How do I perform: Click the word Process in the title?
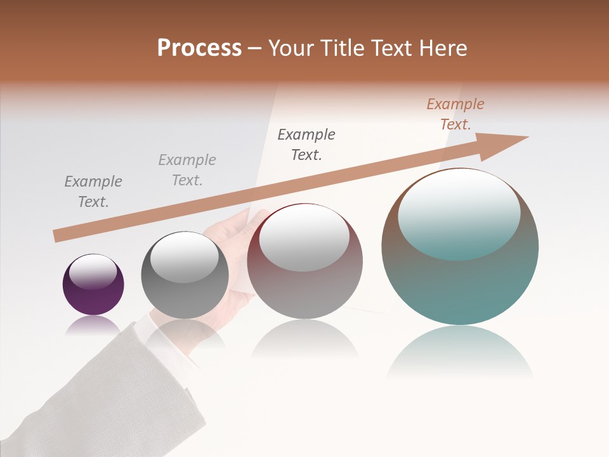point(199,48)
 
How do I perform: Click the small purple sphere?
point(93,298)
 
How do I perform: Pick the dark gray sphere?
point(185,298)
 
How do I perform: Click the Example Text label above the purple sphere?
point(93,192)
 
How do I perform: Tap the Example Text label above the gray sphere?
point(187,170)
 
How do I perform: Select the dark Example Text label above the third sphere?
point(306,144)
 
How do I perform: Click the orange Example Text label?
point(455,114)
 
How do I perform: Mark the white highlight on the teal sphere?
point(459,213)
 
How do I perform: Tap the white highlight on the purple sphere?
point(93,271)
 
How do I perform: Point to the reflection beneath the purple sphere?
point(93,325)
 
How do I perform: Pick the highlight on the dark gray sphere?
point(185,256)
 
